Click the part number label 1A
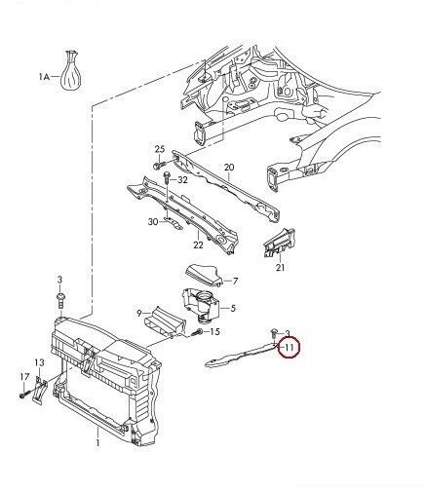[x=43, y=75]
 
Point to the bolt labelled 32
[x=168, y=181]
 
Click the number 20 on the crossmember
[x=230, y=168]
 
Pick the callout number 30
[x=153, y=222]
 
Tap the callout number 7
[x=234, y=281]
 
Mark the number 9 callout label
[x=139, y=313]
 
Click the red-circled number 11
[x=290, y=346]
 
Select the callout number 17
[x=24, y=376]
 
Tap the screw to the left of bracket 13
[x=21, y=396]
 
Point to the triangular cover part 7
[x=203, y=276]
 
